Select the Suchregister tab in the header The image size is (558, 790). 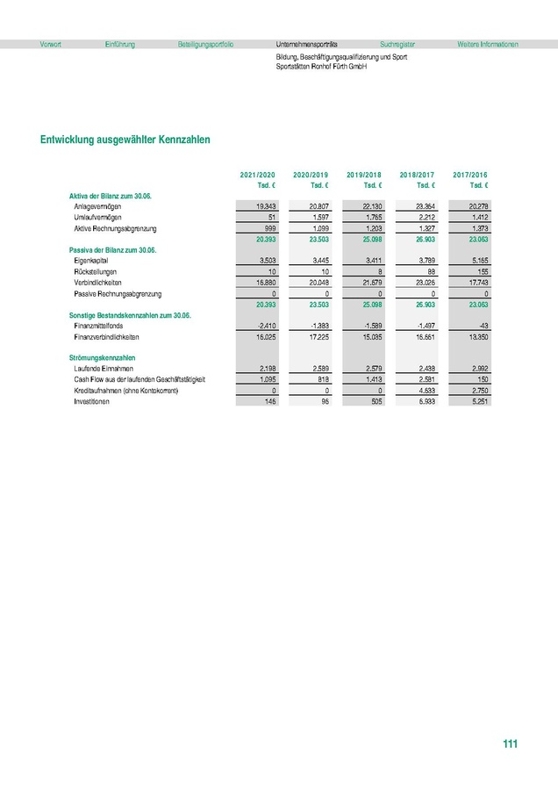click(x=397, y=44)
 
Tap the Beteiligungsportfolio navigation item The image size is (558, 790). click(x=205, y=44)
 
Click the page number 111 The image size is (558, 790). click(x=511, y=744)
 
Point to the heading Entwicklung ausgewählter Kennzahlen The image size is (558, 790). click(x=125, y=140)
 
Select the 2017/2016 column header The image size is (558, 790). click(x=470, y=176)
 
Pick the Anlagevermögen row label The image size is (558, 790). click(x=97, y=205)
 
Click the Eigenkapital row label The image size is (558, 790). click(x=91, y=261)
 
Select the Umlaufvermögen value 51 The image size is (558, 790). click(x=271, y=216)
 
